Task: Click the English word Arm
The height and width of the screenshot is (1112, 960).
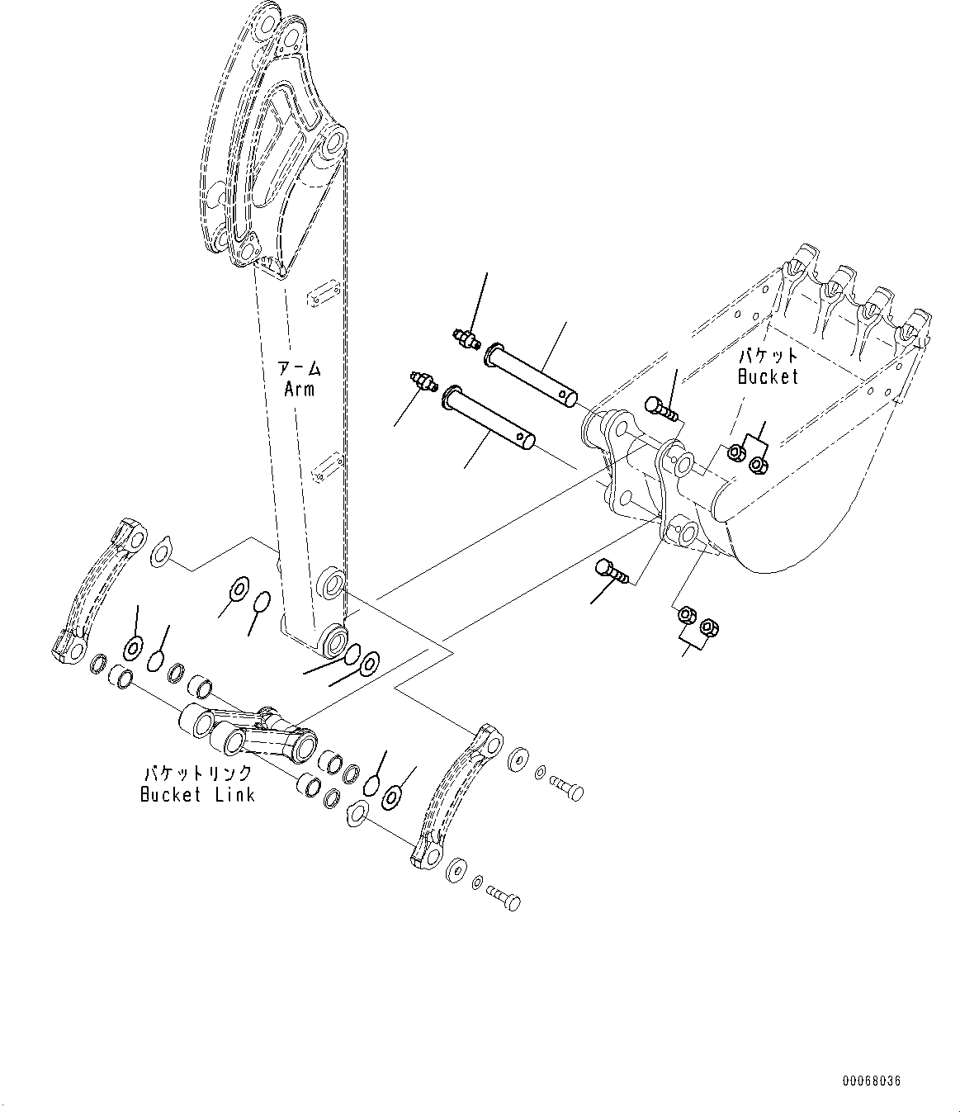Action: [299, 389]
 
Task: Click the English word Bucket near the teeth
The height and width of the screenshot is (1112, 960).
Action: [768, 376]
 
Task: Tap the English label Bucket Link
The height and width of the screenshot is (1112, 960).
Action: [197, 795]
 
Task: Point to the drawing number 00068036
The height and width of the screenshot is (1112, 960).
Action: [873, 1080]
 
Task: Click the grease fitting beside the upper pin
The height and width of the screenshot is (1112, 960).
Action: [467, 338]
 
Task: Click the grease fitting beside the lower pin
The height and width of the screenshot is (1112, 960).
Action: [423, 381]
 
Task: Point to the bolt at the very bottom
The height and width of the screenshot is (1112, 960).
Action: [504, 897]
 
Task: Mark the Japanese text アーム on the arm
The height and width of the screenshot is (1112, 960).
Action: [299, 369]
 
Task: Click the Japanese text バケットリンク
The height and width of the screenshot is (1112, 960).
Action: [198, 774]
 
